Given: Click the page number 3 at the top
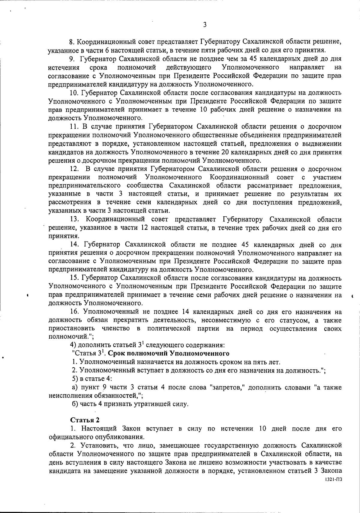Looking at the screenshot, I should tap(205, 25).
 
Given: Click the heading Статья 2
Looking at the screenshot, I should tap(83, 419).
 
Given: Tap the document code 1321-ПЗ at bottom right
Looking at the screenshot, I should tap(334, 480).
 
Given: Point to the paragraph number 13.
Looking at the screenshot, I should tap(74, 219).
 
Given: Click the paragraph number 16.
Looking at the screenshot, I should tap(74, 312).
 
